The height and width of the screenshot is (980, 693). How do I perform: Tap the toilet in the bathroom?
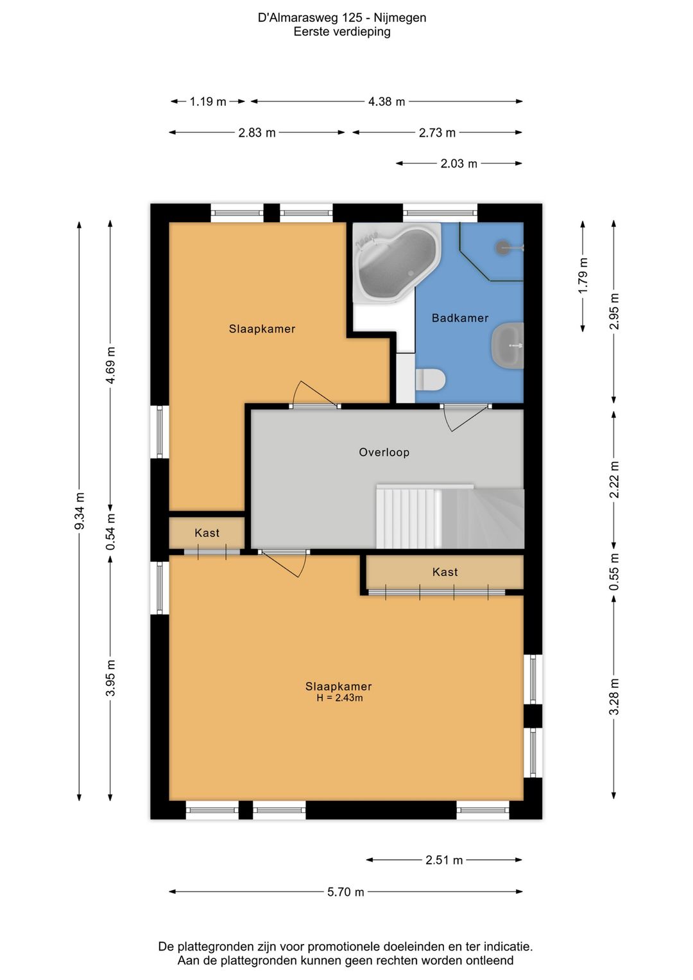click(430, 379)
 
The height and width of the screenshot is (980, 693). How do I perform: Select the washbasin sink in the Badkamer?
click(508, 345)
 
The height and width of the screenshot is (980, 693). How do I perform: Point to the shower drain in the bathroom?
click(501, 247)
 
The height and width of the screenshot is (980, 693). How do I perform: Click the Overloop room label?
click(384, 452)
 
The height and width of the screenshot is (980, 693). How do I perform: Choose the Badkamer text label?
click(460, 318)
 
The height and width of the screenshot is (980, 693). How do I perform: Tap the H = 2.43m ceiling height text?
click(339, 698)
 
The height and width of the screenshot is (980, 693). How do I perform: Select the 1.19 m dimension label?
click(208, 102)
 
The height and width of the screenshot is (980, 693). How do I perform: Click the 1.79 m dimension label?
click(583, 276)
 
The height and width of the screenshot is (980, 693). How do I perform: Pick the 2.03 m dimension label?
click(459, 164)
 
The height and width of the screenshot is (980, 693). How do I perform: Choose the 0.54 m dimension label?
click(111, 532)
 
